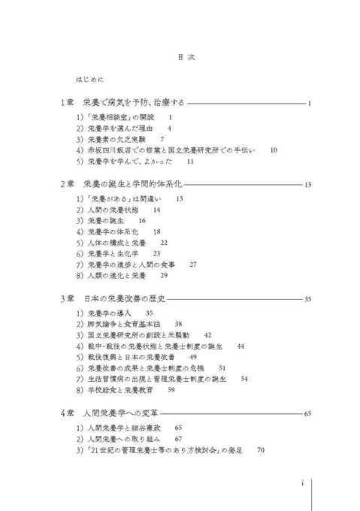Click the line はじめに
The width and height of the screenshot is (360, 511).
(x=89, y=78)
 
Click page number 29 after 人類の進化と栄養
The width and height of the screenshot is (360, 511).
(x=164, y=276)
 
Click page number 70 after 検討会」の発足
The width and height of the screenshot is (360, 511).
(x=261, y=449)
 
